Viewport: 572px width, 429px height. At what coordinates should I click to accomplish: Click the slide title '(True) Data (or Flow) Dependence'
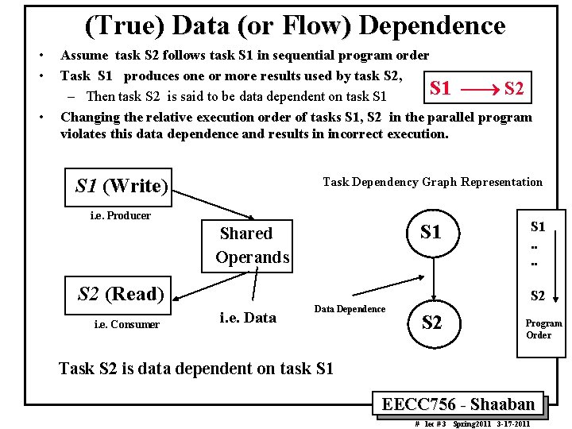[295, 26]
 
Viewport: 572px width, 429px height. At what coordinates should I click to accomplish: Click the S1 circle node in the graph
[431, 233]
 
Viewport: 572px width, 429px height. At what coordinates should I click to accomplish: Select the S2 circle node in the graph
[431, 323]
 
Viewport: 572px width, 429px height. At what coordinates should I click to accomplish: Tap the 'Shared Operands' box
[247, 245]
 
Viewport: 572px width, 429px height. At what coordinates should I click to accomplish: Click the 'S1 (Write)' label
[121, 186]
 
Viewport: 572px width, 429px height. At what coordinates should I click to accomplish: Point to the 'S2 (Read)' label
[120, 294]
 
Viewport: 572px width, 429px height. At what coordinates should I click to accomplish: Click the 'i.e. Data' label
[247, 318]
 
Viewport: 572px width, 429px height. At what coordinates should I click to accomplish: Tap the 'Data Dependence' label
[350, 309]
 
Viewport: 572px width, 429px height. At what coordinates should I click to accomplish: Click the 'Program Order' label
[543, 329]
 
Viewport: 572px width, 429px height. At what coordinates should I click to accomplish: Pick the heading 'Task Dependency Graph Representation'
[432, 182]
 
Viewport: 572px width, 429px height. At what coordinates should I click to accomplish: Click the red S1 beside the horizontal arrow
[440, 88]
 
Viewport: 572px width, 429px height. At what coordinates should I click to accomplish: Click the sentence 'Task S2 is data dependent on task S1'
[196, 368]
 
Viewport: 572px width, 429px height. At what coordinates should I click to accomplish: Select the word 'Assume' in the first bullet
[85, 56]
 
